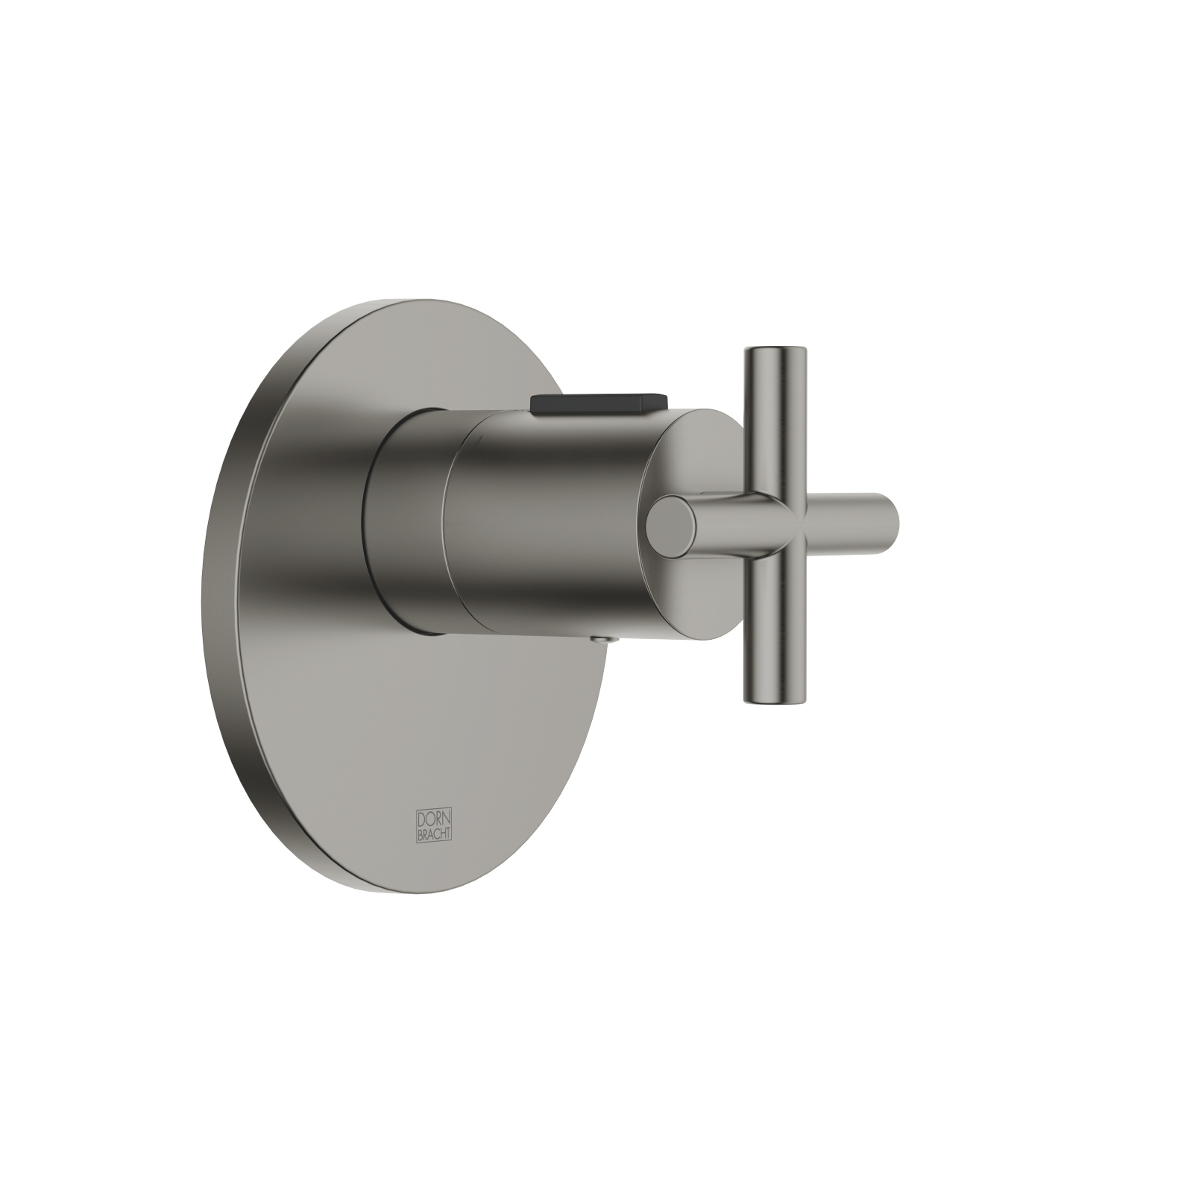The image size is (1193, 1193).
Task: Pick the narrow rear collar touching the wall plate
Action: coord(403,522)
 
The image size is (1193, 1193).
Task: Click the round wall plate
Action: coord(418,708)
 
